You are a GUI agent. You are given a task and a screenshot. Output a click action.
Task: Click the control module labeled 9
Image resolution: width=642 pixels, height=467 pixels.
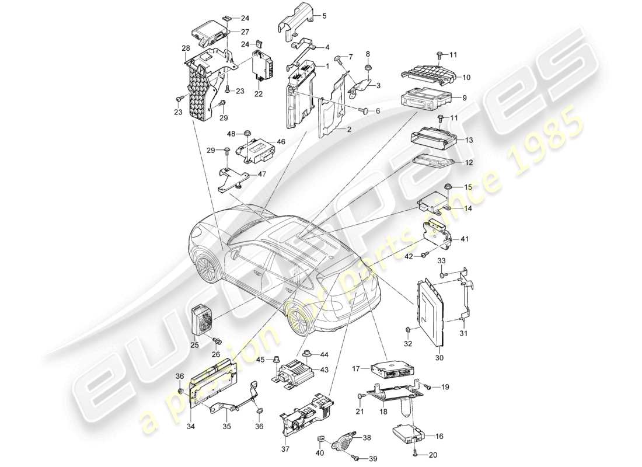pos(422,98)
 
